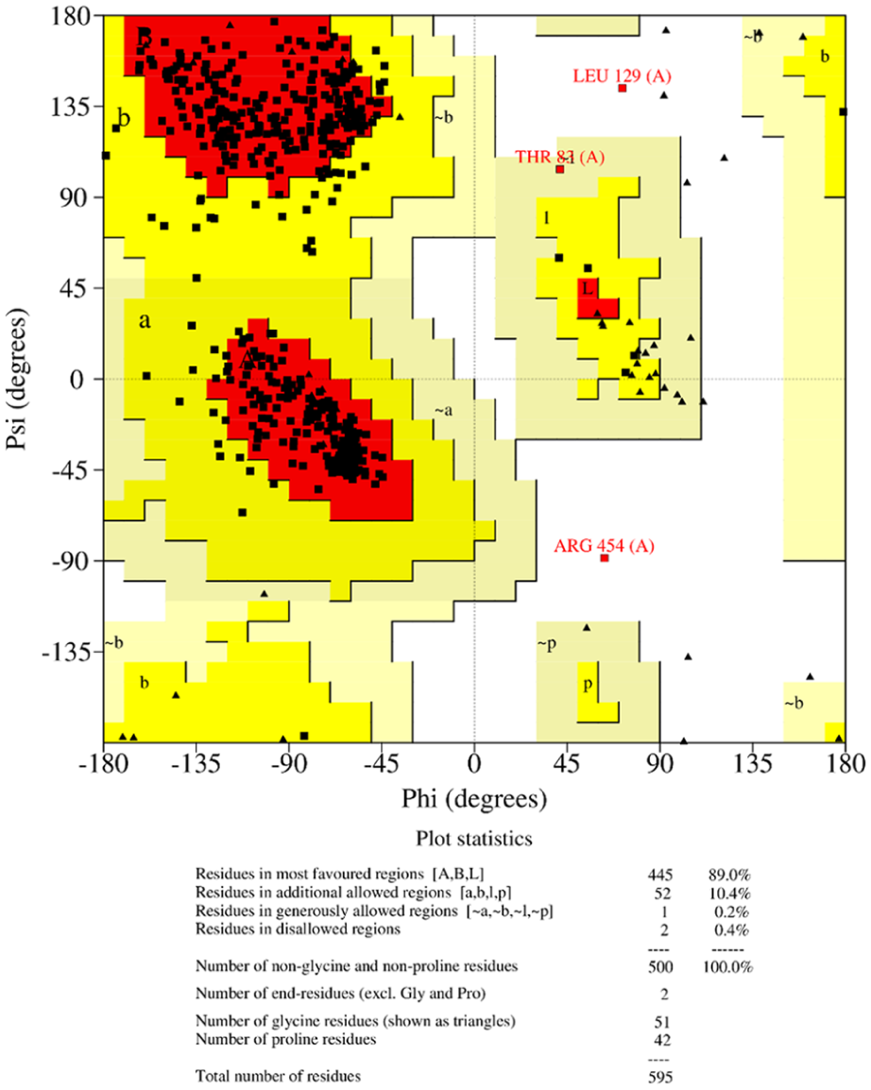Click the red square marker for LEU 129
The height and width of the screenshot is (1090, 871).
pos(623,89)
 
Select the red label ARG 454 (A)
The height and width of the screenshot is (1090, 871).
pos(604,545)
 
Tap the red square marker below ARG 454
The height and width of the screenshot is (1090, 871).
pos(605,558)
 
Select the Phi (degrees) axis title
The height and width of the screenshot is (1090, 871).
pos(474,799)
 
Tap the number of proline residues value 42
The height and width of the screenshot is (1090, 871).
pos(660,1040)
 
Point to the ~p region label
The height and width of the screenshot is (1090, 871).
pos(546,643)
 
